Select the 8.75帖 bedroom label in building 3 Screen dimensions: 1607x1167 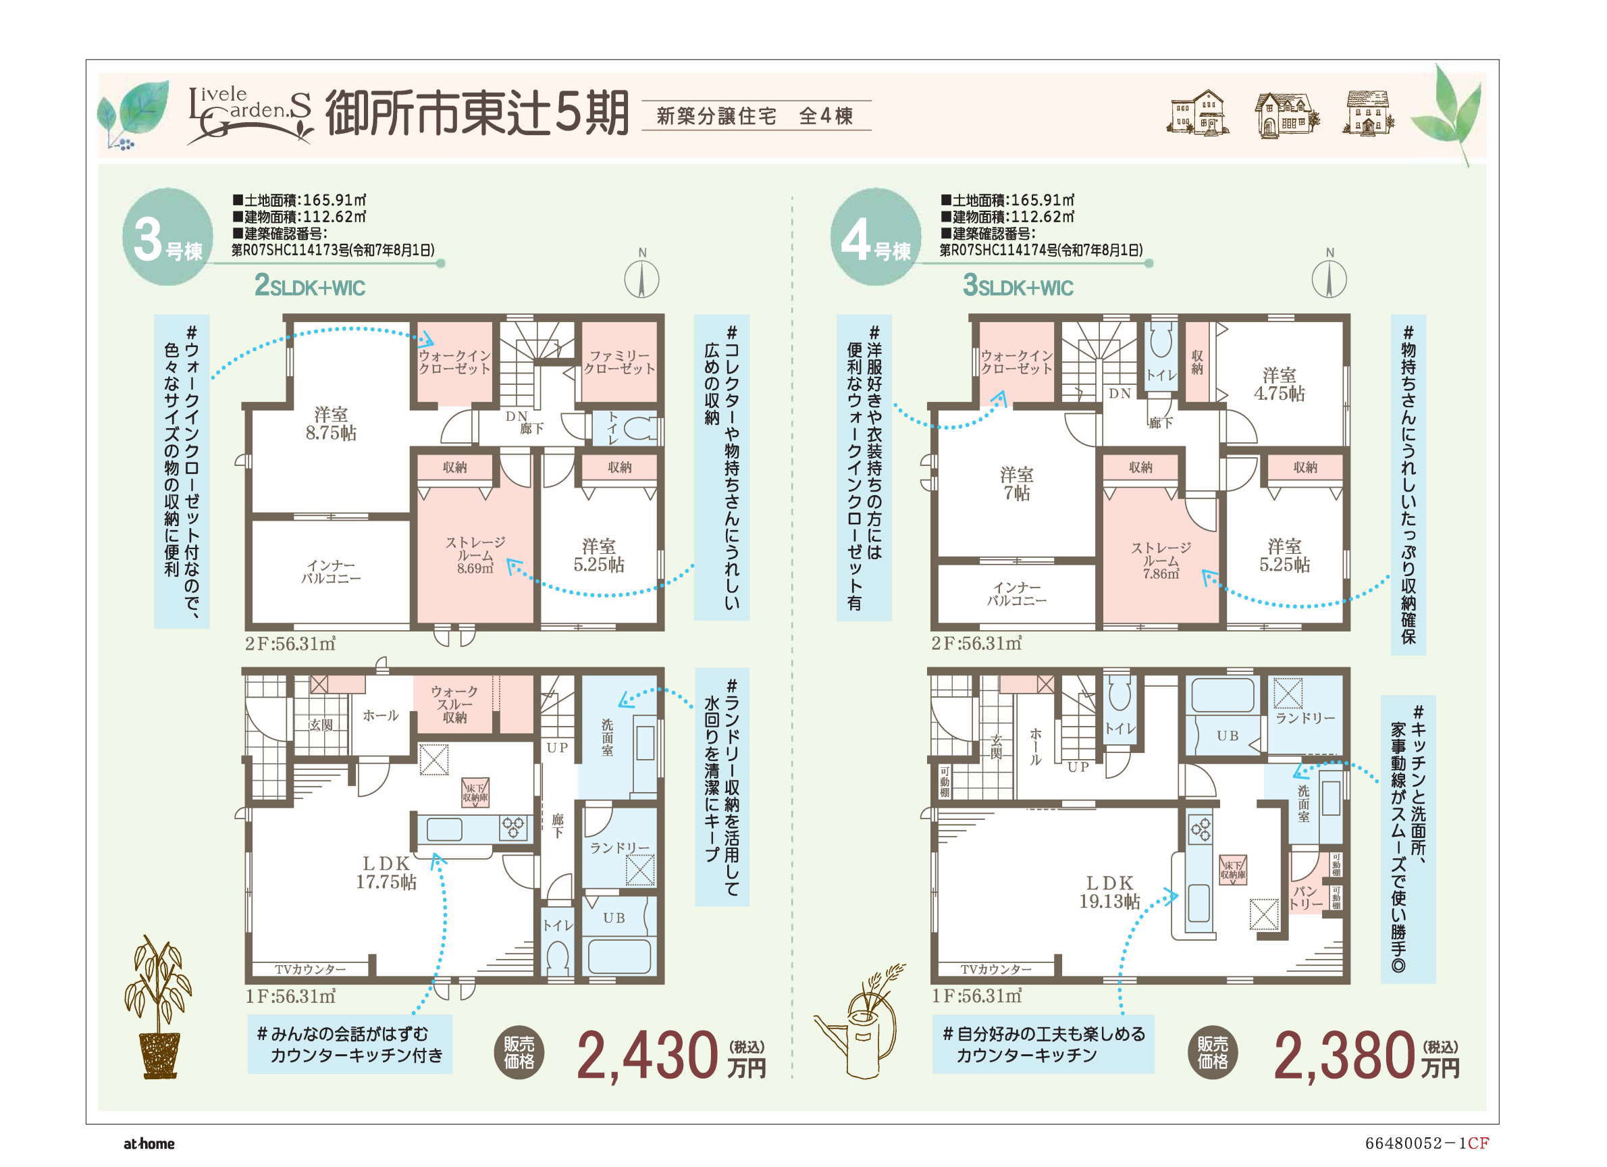[331, 423]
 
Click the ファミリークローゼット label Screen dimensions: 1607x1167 [619, 361]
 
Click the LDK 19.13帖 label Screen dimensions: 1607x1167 [1109, 892]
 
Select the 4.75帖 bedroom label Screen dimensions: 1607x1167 [1280, 384]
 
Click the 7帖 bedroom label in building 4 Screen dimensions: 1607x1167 [1017, 484]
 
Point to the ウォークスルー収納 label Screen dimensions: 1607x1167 [454, 704]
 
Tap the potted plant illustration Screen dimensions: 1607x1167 [158, 1007]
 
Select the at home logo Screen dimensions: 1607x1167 [149, 1143]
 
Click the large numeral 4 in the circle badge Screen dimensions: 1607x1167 [855, 240]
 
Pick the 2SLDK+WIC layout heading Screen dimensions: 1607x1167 [310, 286]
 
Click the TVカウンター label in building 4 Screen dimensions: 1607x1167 [996, 968]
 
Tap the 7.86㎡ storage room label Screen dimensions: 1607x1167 [1161, 561]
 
